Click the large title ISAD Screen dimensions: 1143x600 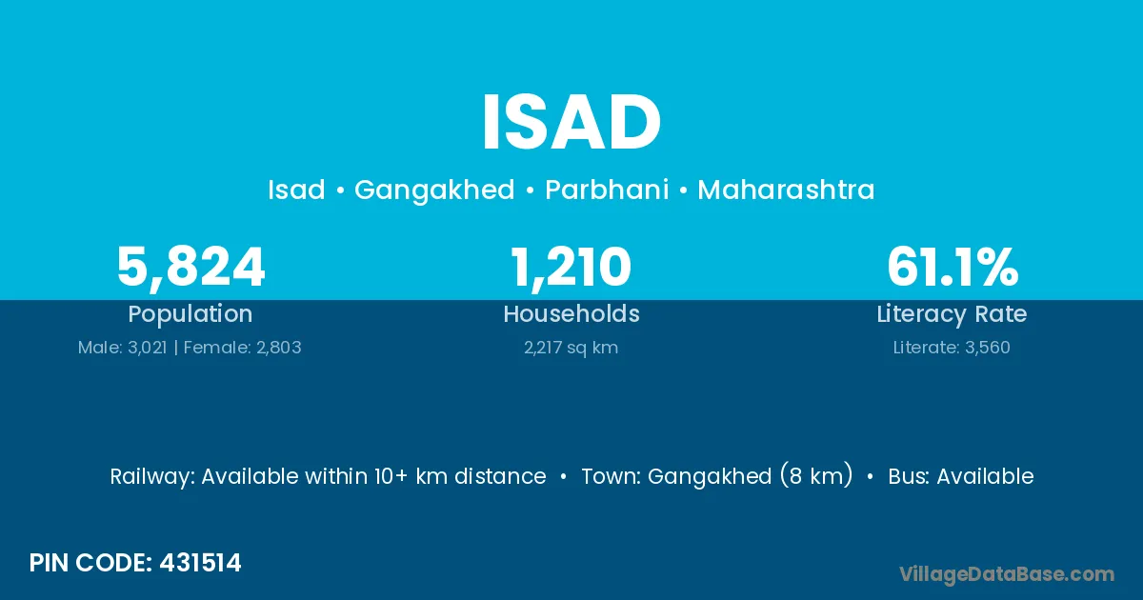tap(571, 123)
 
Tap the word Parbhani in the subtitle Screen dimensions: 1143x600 tap(607, 190)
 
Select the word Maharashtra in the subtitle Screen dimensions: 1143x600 tap(786, 190)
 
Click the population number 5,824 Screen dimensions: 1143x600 tap(190, 268)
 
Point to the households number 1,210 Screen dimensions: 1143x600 tap(571, 268)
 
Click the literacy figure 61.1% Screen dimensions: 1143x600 tap(952, 267)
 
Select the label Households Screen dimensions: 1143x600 tap(571, 313)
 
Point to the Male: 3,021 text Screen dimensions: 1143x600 tap(123, 348)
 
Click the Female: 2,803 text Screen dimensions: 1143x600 tap(242, 348)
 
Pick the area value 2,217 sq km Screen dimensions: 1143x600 tap(571, 349)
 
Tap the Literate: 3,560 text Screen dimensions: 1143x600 tap(952, 348)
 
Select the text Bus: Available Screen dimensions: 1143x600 tap(961, 476)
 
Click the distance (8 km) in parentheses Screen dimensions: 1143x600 tap(816, 475)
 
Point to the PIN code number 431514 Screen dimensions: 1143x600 tap(200, 563)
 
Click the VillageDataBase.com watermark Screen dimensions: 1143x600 tap(1007, 574)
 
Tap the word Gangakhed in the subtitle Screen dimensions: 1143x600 tap(434, 190)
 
